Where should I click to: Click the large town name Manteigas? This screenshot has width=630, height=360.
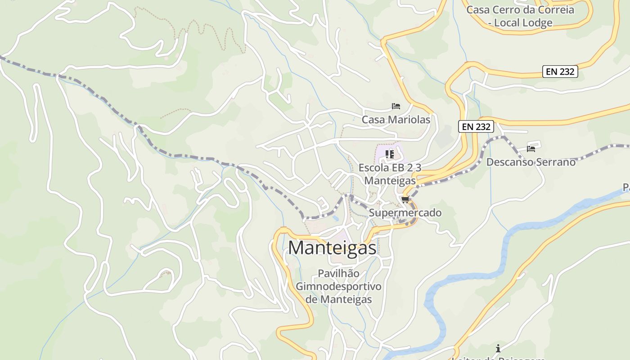click(332, 247)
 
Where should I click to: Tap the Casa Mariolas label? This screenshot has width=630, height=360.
click(396, 120)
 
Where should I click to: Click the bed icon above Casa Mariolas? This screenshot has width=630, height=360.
click(396, 106)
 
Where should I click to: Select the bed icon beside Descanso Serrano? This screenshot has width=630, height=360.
click(531, 148)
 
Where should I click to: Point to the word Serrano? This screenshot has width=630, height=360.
click(553, 162)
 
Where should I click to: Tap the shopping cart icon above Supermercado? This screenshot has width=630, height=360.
click(405, 199)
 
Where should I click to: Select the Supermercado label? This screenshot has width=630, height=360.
click(405, 213)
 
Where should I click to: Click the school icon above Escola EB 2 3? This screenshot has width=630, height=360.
click(390, 155)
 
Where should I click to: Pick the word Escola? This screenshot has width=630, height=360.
click(373, 168)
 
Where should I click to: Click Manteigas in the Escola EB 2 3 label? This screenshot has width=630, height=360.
click(390, 181)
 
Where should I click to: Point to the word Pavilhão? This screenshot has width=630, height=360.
click(338, 273)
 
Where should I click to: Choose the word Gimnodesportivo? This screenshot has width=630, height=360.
click(338, 287)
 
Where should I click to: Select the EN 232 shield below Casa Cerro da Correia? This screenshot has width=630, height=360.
click(560, 71)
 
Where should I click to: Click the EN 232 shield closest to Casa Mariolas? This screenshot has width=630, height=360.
click(476, 127)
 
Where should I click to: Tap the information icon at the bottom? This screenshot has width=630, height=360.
click(498, 348)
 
